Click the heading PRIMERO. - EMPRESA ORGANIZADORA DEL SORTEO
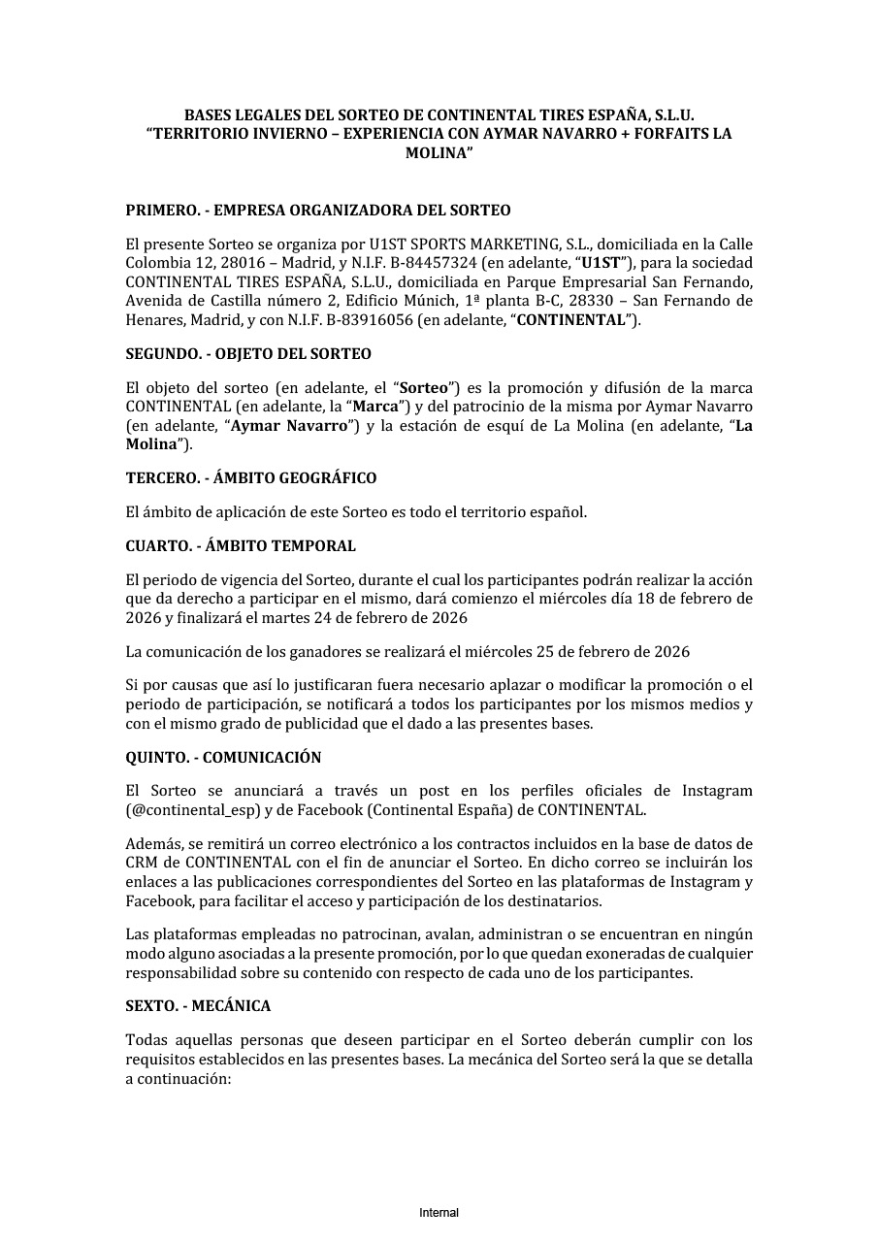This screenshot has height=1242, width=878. pyautogui.click(x=318, y=211)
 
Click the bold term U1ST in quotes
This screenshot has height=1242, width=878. pyautogui.click(x=601, y=263)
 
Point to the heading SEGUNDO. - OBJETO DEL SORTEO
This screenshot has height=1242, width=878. pyautogui.click(x=248, y=354)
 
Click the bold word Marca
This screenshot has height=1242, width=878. pyautogui.click(x=375, y=407)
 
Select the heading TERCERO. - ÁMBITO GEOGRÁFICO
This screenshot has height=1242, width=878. pyautogui.click(x=251, y=478)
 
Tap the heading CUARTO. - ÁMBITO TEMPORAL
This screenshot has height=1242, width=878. pyautogui.click(x=241, y=546)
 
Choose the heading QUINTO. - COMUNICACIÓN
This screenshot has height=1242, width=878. pyautogui.click(x=223, y=758)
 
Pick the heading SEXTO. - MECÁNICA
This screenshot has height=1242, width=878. pyautogui.click(x=198, y=1006)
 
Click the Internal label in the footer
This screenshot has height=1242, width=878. pyautogui.click(x=439, y=1213)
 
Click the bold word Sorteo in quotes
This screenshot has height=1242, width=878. pyautogui.click(x=424, y=388)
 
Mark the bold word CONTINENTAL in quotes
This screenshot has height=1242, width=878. pyautogui.click(x=570, y=319)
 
